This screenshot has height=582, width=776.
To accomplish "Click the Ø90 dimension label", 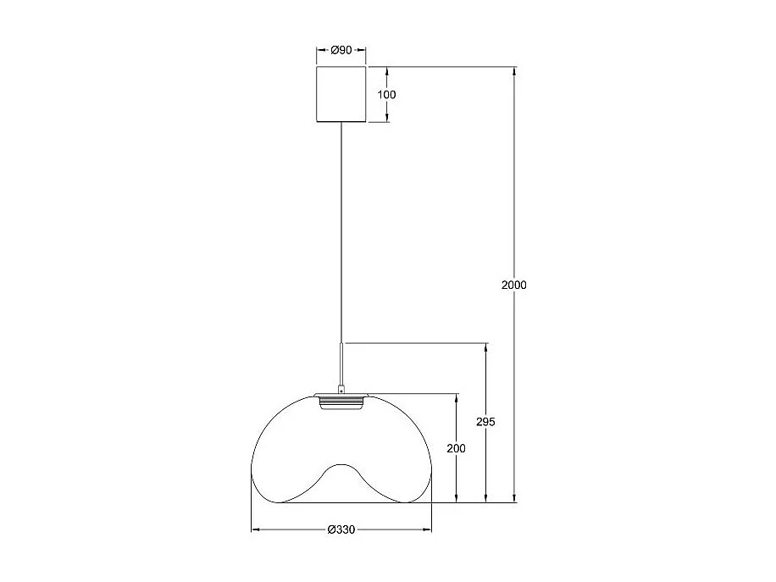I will (341, 50).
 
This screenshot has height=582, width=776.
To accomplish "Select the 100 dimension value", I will (386, 94).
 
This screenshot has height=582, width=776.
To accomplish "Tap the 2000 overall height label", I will (513, 285).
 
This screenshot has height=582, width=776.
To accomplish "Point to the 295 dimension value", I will (485, 421).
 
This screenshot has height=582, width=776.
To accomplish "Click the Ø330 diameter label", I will (341, 530).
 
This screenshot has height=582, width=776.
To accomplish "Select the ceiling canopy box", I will (341, 94).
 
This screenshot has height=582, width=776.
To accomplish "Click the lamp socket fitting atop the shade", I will (341, 401).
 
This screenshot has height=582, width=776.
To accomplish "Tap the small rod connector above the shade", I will (341, 364).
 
